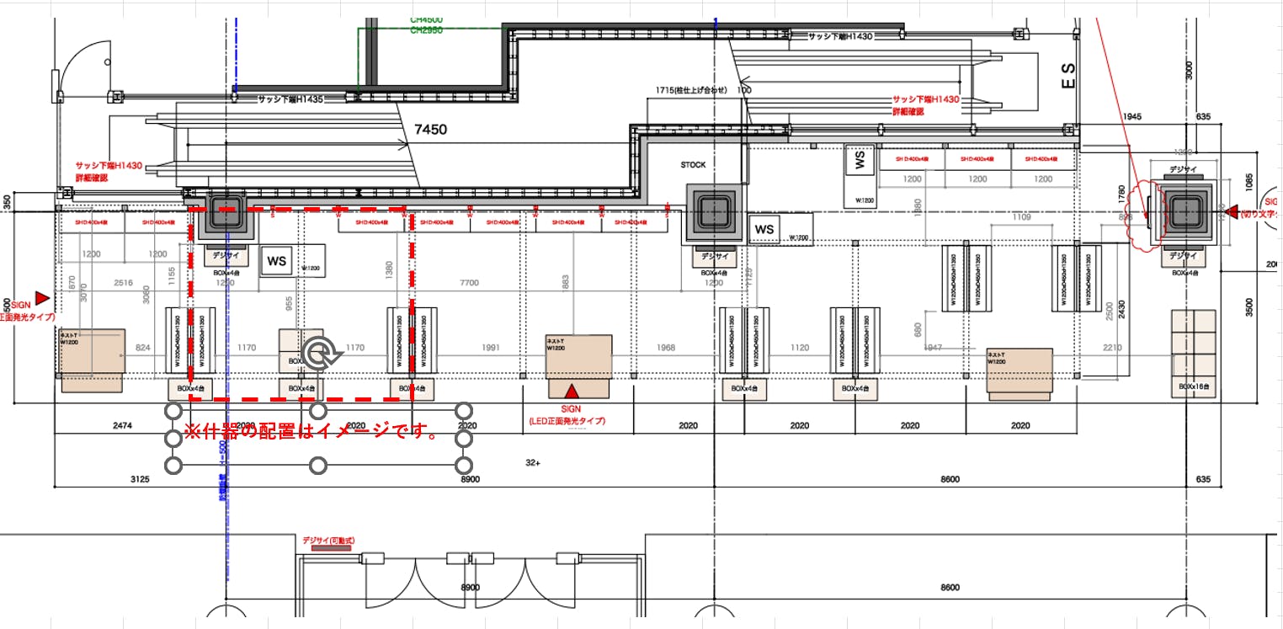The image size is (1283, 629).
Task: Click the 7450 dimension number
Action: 430,130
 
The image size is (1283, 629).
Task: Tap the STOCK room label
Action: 694,165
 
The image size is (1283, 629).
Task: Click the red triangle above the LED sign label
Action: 572,391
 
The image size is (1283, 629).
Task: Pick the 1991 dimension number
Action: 492,347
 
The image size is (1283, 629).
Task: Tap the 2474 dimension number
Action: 121,426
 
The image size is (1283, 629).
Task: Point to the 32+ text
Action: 533,463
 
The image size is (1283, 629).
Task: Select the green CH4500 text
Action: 426,19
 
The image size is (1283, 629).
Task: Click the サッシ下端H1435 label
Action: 290,99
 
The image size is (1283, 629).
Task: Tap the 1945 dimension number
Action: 1131,116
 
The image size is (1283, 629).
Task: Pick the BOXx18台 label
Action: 1194,386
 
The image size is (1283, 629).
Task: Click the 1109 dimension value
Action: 1022,218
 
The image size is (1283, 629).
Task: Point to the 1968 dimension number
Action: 666,347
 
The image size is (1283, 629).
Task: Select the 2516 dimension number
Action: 123,283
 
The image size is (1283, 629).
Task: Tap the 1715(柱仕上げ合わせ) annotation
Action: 690,89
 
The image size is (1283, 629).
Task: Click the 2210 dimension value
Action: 1111,347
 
